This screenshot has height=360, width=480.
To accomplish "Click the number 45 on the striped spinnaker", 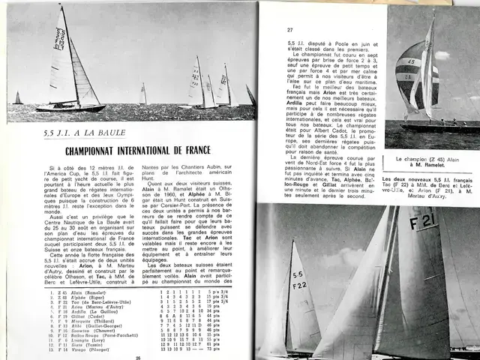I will [411, 62].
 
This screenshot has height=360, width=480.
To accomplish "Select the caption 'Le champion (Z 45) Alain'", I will [432, 160].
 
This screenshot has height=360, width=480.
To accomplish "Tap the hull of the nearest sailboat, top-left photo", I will [71, 106].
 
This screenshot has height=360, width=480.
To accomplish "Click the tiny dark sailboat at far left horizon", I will [17, 98].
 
